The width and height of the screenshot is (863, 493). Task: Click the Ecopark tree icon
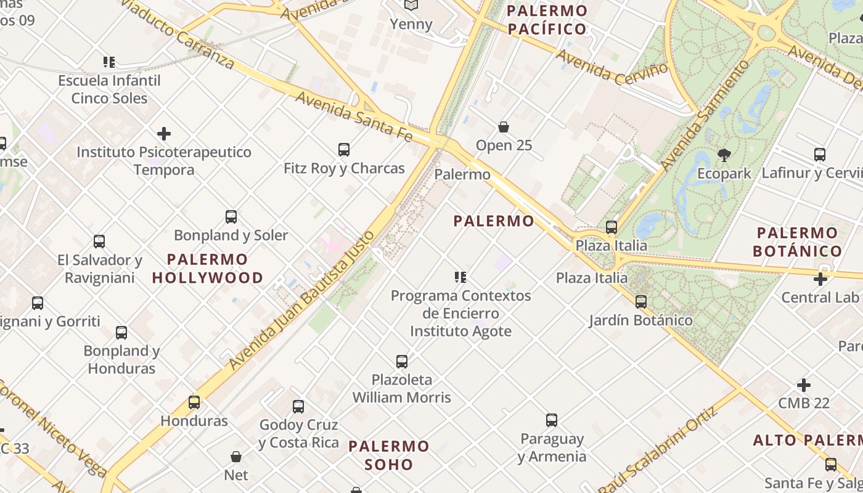coord(724,155)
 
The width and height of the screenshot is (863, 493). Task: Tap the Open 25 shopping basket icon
coord(504,127)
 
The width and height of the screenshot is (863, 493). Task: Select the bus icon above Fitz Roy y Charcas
coord(344,149)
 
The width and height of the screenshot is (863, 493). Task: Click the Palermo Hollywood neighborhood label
coord(208,268)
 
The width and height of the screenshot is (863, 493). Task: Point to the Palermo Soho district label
coord(389,455)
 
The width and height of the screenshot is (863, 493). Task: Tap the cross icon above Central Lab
coord(820,279)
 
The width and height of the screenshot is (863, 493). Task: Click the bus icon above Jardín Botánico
coord(641,302)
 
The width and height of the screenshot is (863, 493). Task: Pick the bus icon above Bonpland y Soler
coord(231,217)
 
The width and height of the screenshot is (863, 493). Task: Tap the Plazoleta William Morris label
coord(402,388)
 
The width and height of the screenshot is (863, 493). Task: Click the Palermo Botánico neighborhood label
coord(798,242)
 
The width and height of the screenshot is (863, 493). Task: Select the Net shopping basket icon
coord(235,457)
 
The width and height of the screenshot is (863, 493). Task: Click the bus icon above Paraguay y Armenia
coord(552,420)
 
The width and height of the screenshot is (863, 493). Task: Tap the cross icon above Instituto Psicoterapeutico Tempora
coord(164,133)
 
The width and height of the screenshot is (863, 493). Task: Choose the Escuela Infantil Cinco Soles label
coord(109,89)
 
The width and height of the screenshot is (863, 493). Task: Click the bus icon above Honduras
coord(194,402)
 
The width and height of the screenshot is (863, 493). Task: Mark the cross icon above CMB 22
coord(804,385)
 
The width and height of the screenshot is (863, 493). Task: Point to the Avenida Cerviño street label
coord(612,67)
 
